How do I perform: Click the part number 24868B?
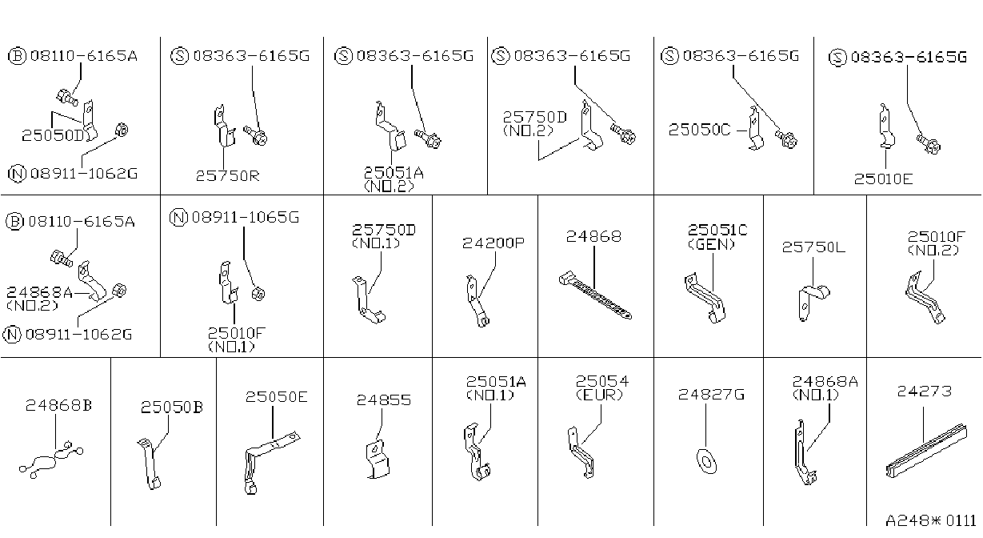[58, 405]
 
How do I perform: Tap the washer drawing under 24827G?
[706, 461]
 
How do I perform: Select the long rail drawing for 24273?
[926, 452]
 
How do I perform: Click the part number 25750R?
[227, 175]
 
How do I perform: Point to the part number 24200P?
[493, 243]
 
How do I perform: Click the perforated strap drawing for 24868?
[595, 295]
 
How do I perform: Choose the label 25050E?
[277, 396]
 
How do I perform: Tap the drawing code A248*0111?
[931, 521]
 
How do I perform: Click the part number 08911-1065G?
[246, 217]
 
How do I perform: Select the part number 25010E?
[883, 179]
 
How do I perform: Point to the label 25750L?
[813, 247]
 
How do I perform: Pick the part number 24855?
[384, 399]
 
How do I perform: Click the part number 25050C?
[700, 130]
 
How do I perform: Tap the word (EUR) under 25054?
[599, 395]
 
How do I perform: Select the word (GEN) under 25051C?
[711, 244]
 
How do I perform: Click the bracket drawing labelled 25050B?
[150, 463]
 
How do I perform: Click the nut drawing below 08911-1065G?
[258, 293]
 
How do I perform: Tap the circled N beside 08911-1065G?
[178, 218]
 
